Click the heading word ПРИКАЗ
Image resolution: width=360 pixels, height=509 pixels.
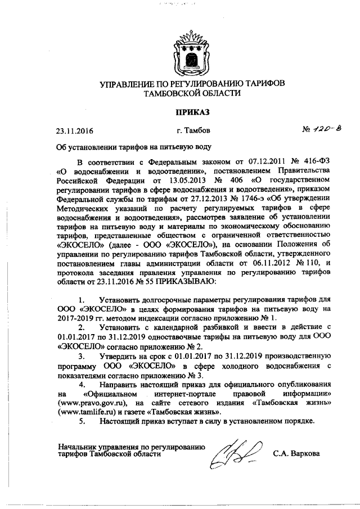click(x=192, y=112)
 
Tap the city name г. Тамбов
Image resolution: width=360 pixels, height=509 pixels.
click(x=193, y=130)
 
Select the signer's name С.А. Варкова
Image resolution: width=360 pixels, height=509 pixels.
click(x=296, y=452)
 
